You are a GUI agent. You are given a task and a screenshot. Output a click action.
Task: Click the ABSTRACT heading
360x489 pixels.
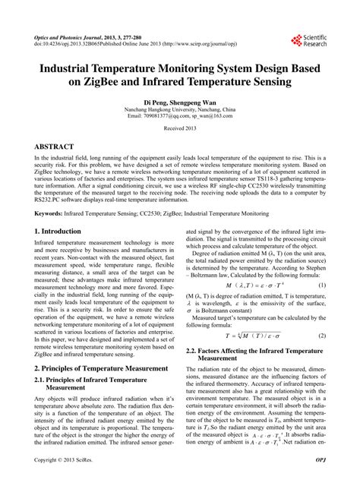tap(54, 146)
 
